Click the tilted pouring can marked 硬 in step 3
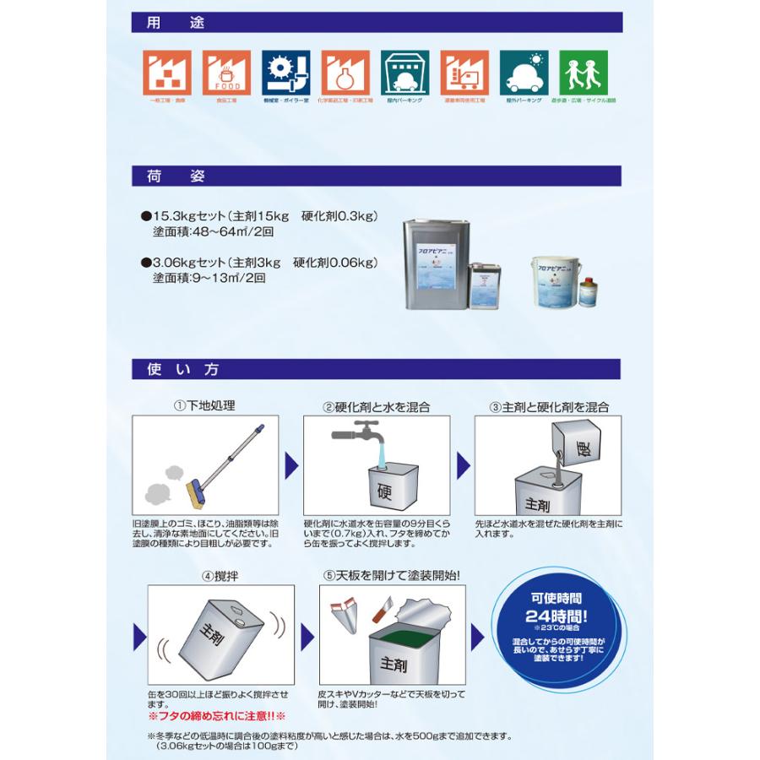[x=578, y=443]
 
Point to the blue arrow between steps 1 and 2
[x=290, y=465]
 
